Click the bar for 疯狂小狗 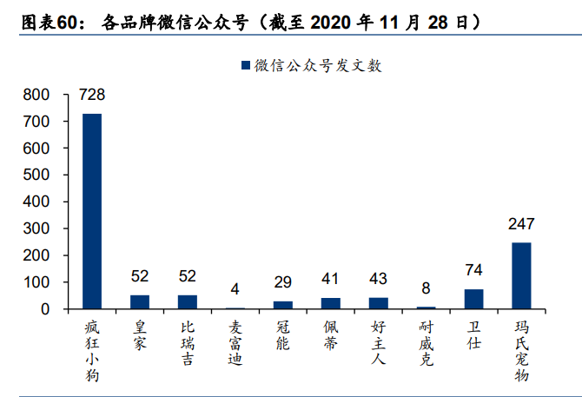pyautogui.click(x=92, y=211)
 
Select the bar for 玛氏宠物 pyautogui.click(x=521, y=275)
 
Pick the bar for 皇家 pyautogui.click(x=140, y=301)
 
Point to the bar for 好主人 pyautogui.click(x=378, y=303)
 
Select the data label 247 pyautogui.click(x=521, y=224)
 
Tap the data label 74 pyautogui.click(x=473, y=270)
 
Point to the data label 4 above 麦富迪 pyautogui.click(x=235, y=289)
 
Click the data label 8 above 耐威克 pyautogui.click(x=426, y=288)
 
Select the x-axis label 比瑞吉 pyautogui.click(x=188, y=342)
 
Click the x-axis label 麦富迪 pyautogui.click(x=235, y=342)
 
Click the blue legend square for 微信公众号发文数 pyautogui.click(x=245, y=65)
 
